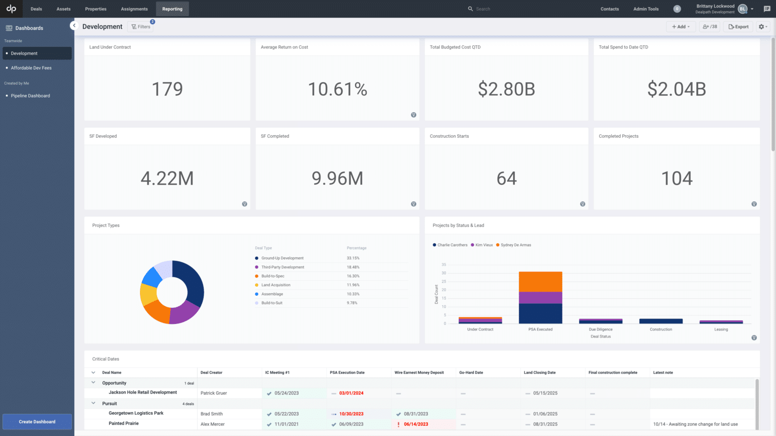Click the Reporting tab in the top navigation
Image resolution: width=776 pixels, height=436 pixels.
[x=172, y=9]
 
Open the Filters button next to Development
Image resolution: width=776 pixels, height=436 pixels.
[x=141, y=27]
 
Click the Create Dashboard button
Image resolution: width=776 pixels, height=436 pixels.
[x=37, y=421]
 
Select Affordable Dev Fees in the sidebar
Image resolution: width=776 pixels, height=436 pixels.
[x=31, y=68]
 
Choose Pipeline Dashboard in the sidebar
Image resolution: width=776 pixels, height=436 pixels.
[x=30, y=96]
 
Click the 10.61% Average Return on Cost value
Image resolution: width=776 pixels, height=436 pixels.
[x=337, y=89]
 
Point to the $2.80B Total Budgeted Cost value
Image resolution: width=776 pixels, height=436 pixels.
[x=506, y=89]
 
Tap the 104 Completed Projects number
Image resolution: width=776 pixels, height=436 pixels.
[x=676, y=178]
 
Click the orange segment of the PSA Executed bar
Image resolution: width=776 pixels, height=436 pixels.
[x=540, y=281]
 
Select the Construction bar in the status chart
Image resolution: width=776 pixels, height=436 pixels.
[x=661, y=321]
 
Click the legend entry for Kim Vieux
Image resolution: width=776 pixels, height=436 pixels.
[x=483, y=245]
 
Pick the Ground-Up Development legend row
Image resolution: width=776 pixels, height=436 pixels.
[x=282, y=258]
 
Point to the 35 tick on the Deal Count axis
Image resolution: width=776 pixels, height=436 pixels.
[x=444, y=264]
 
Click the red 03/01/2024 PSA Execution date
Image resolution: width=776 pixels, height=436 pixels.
[x=351, y=393]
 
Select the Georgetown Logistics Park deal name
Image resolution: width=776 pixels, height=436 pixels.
[x=136, y=413]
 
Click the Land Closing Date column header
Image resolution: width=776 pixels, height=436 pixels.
[x=540, y=372]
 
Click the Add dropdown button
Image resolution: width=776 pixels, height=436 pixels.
[x=681, y=27]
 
